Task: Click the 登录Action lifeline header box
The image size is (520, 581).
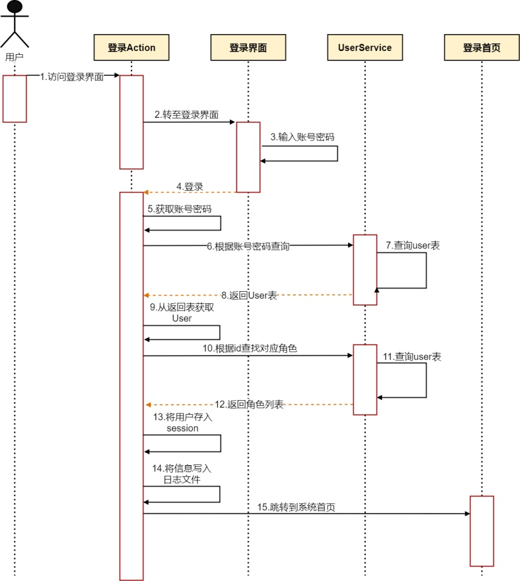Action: (x=132, y=48)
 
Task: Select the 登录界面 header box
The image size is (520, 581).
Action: (x=248, y=48)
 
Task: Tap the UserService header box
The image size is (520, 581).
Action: (x=365, y=48)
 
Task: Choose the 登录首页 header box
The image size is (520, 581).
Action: (x=482, y=48)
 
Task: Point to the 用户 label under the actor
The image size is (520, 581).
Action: (x=14, y=56)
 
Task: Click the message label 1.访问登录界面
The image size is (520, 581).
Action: (x=72, y=76)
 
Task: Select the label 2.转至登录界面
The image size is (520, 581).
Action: (x=187, y=115)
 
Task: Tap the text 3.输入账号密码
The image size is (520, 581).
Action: (x=300, y=137)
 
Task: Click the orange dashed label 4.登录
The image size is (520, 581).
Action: (x=189, y=187)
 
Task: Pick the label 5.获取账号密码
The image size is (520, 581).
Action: (x=179, y=208)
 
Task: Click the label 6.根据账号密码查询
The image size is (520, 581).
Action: (x=248, y=246)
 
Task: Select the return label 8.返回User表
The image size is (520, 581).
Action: (x=249, y=295)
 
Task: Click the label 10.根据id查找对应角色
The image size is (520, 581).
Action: (x=249, y=348)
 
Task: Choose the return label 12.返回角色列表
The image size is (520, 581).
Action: (x=249, y=405)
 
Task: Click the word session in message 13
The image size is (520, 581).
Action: (x=182, y=428)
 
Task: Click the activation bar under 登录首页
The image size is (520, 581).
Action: (x=482, y=531)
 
